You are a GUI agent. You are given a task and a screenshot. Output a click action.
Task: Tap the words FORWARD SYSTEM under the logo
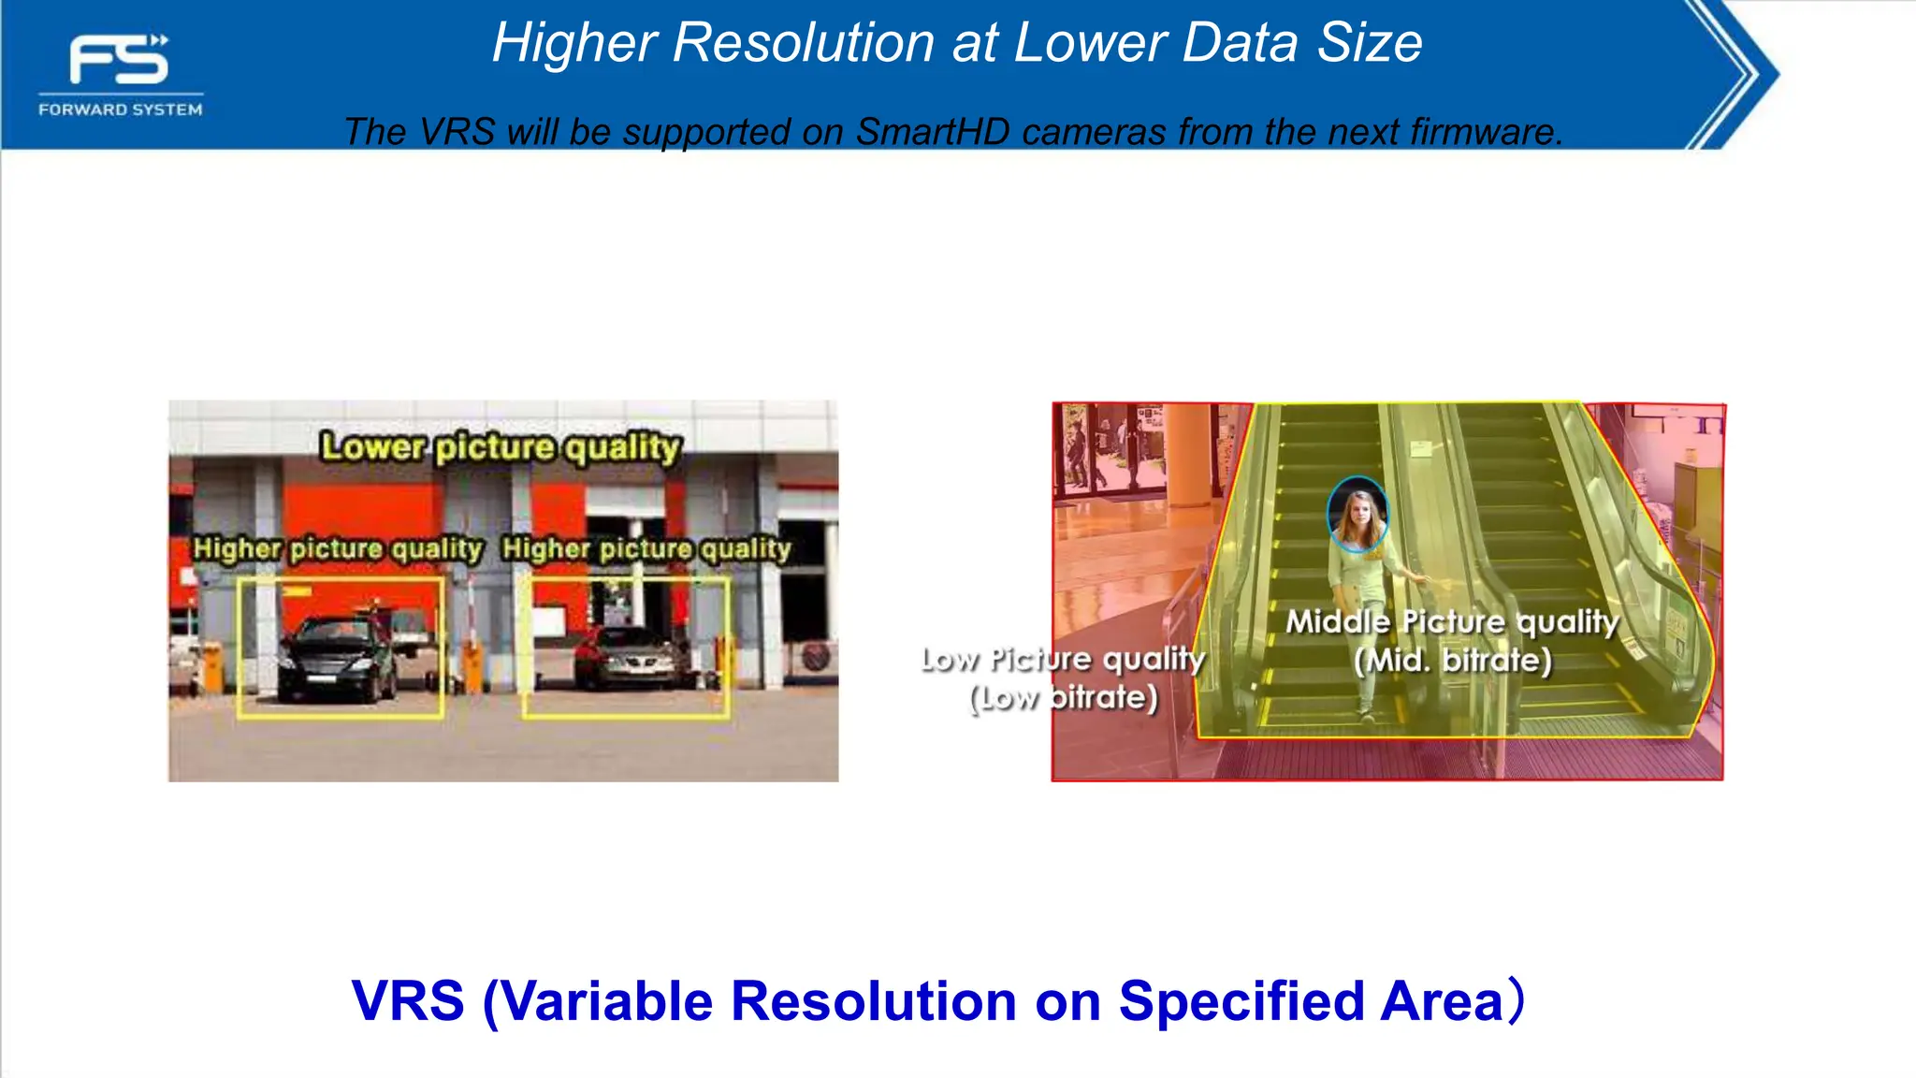click(x=121, y=109)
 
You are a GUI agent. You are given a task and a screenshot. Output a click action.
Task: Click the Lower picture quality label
click(x=501, y=447)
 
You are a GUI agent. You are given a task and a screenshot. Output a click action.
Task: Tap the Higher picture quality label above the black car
click(x=338, y=548)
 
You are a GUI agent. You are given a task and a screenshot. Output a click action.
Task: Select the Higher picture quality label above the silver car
click(x=646, y=548)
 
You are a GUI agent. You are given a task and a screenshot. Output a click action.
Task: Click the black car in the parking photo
click(x=338, y=659)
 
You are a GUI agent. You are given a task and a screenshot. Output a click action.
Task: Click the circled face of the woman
click(x=1357, y=515)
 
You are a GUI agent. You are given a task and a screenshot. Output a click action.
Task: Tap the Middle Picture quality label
click(x=1452, y=621)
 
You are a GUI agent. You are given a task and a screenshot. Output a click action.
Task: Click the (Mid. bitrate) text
click(x=1453, y=661)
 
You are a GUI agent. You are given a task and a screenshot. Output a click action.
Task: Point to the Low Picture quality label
click(x=1064, y=659)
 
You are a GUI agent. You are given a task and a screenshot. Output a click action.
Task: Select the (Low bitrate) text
click(x=1064, y=697)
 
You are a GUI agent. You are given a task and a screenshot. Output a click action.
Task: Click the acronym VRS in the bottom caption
click(x=408, y=1000)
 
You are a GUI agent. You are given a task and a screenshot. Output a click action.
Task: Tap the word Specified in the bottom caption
click(x=1241, y=1000)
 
